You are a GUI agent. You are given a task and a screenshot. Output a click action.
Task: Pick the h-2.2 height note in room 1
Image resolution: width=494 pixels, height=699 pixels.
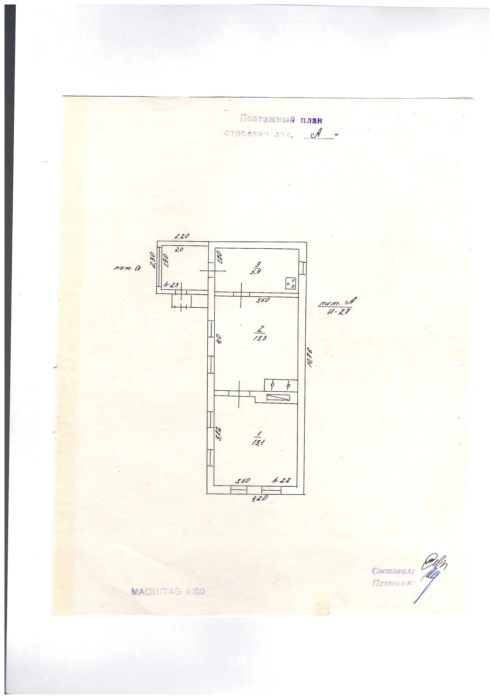point(281,481)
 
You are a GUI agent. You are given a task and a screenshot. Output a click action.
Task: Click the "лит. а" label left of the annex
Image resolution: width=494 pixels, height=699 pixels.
point(127,269)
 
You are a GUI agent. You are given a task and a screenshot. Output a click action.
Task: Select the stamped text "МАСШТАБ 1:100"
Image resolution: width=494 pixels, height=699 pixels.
point(168,591)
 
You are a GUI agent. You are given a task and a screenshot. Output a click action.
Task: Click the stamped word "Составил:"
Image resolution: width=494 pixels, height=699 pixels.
point(393,571)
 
